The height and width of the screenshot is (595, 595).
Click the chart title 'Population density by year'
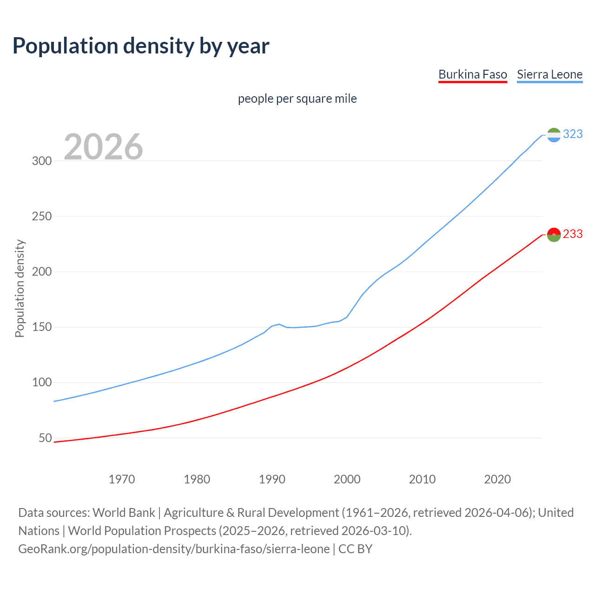pos(141,46)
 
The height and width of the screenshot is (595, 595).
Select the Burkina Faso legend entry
pos(472,74)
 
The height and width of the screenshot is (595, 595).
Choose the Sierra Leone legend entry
pos(549,74)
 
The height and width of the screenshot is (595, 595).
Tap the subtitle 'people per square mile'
pos(297,99)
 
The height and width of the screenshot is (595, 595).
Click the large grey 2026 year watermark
pos(103,147)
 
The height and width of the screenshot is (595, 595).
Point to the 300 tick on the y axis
pos(41,161)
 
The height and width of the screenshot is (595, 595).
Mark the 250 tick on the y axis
pos(41,216)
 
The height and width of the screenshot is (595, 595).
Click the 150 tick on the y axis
pos(41,327)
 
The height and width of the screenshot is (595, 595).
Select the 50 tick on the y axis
pos(45,438)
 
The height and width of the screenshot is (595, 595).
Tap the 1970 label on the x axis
pos(122,479)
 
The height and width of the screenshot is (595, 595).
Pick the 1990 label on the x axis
pos(272,479)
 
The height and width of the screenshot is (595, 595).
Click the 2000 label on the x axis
pos(347,479)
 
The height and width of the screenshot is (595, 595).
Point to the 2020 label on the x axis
pos(497,479)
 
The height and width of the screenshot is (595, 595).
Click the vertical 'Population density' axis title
pos(20,288)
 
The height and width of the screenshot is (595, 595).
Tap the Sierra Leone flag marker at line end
pos(554,135)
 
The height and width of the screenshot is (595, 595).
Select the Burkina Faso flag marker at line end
pos(554,235)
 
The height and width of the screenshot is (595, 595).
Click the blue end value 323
pos(573,134)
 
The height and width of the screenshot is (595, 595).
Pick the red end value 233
pos(573,234)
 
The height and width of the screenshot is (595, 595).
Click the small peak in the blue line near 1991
pos(279,324)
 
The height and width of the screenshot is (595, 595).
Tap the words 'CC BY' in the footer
pos(355,549)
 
